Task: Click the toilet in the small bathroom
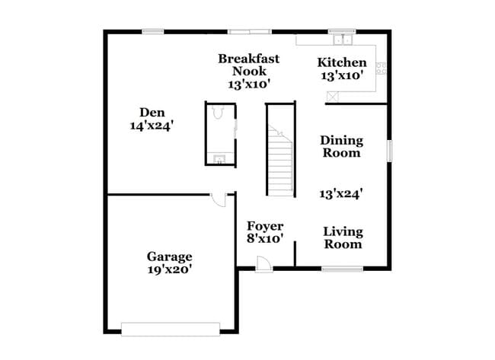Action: [218, 113]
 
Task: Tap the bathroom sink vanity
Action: [219, 159]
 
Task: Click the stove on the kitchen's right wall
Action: [381, 67]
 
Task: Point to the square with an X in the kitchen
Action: [331, 97]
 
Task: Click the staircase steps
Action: [281, 164]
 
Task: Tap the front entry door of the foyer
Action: [263, 263]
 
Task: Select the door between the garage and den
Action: [219, 199]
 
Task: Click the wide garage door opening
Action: [171, 329]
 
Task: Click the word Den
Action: [152, 113]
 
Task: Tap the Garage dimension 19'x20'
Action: [169, 269]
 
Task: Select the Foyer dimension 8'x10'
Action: [265, 238]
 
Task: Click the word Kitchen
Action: [342, 62]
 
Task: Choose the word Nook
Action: [249, 71]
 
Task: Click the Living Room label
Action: [343, 237]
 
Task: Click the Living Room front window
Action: [342, 268]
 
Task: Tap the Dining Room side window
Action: [389, 150]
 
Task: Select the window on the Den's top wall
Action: [153, 31]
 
